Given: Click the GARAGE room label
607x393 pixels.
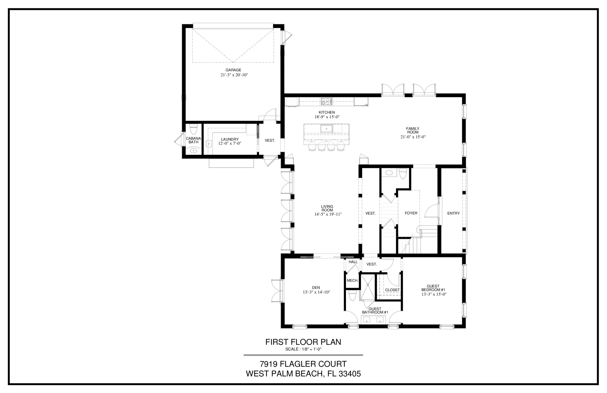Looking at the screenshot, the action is (233, 70).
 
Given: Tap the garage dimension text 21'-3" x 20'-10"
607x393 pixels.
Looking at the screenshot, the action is (234, 75).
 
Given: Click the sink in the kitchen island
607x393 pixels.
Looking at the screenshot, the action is (326, 129).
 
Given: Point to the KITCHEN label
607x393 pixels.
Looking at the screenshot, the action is (327, 112).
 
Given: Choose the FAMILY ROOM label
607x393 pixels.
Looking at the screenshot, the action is (413, 130).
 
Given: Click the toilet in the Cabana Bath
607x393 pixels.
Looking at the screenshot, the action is (194, 129).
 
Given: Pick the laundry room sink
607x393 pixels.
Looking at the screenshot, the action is (209, 144).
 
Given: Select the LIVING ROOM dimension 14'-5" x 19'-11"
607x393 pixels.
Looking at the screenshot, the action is (328, 214).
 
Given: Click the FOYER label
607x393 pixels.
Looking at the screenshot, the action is (411, 213).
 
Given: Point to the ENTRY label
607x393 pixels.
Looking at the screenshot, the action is (453, 213).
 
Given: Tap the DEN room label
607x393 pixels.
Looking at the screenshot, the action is (316, 288).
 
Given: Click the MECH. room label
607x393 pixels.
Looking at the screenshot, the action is (353, 280).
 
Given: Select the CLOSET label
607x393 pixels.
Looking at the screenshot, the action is (393, 290).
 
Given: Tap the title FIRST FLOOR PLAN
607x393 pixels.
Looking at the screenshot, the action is (303, 342).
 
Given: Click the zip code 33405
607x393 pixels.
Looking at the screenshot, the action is (350, 374).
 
